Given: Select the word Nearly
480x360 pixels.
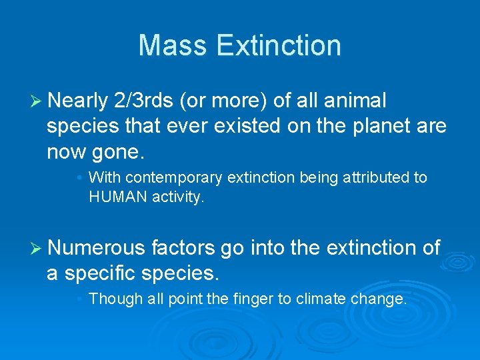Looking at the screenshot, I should [x=77, y=101].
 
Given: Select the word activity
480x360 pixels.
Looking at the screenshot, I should [x=178, y=197].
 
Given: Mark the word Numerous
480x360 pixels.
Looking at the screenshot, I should [x=96, y=248].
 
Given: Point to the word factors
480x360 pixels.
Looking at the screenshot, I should [x=183, y=248].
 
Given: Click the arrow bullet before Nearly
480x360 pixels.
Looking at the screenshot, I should [x=37, y=101].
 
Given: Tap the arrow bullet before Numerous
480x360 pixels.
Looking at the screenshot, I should [x=37, y=249].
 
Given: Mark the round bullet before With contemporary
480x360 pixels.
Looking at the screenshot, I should [x=79, y=178].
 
